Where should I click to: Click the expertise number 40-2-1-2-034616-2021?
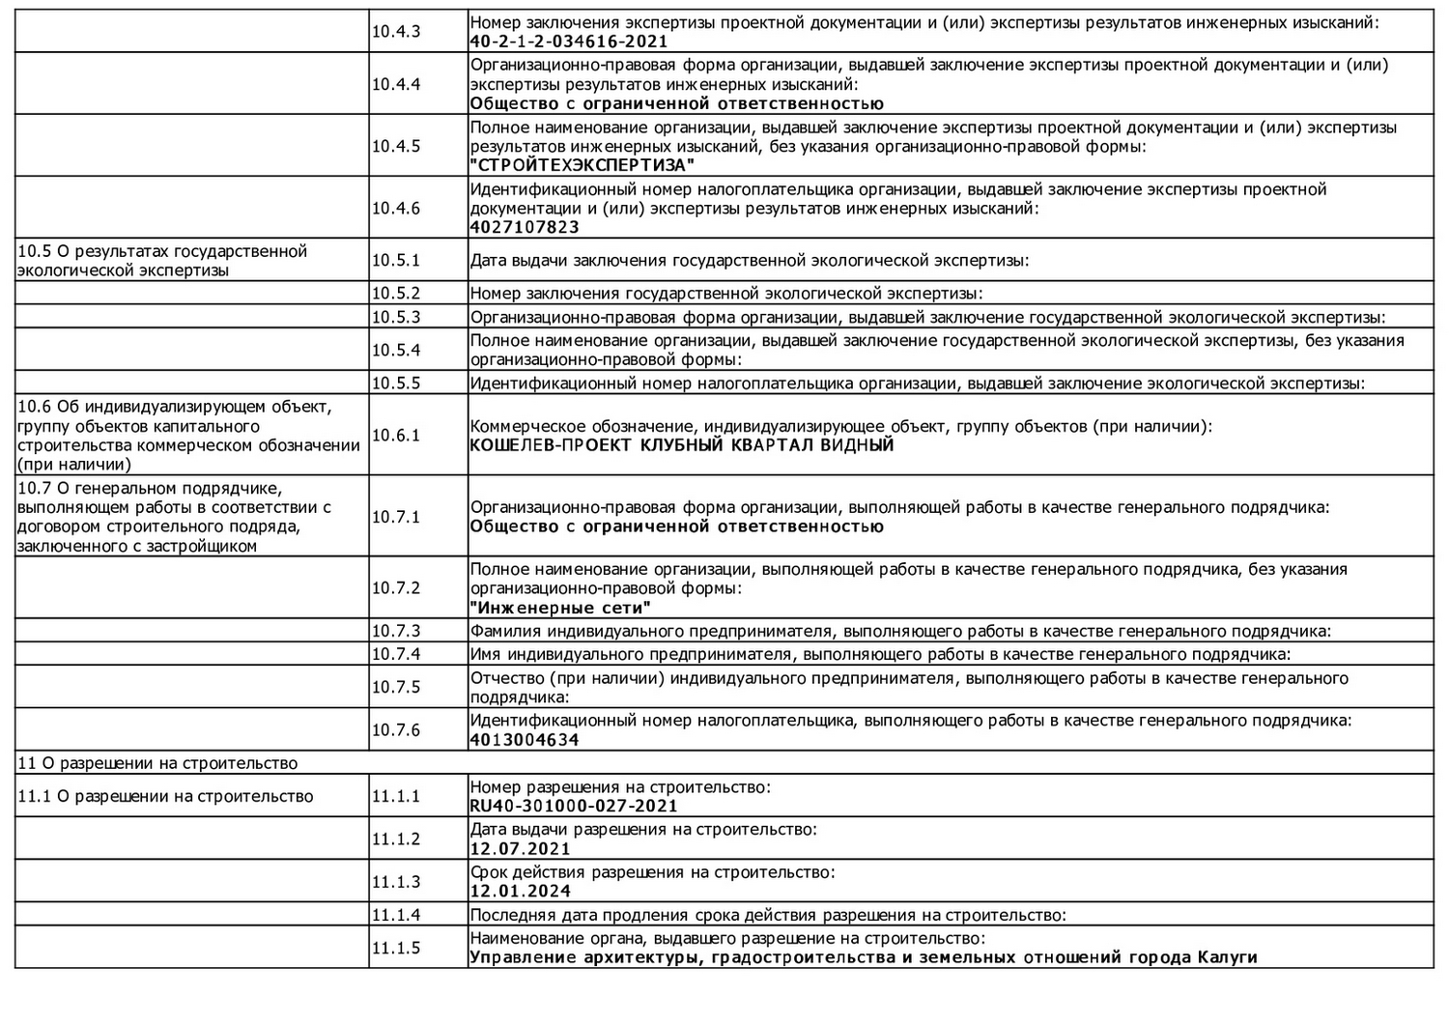point(569,42)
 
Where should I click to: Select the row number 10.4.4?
point(396,84)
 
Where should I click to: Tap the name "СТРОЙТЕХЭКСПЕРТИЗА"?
point(582,165)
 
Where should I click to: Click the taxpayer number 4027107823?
point(525,227)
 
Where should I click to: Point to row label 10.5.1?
point(396,260)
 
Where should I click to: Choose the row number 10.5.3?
point(396,317)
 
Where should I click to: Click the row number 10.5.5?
point(396,383)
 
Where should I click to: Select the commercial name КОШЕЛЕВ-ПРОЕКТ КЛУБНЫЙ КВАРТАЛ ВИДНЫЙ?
point(682,445)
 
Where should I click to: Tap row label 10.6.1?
point(396,435)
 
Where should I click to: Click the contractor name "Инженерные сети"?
point(560,608)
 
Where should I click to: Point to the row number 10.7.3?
point(396,631)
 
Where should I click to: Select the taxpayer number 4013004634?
point(525,740)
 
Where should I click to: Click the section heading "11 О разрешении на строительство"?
point(158,763)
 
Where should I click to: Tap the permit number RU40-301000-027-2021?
point(574,806)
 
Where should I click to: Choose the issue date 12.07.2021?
point(521,848)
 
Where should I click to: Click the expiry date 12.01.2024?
point(521,891)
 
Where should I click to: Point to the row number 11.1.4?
point(396,914)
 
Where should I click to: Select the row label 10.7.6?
point(396,729)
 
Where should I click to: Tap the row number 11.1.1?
point(396,796)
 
